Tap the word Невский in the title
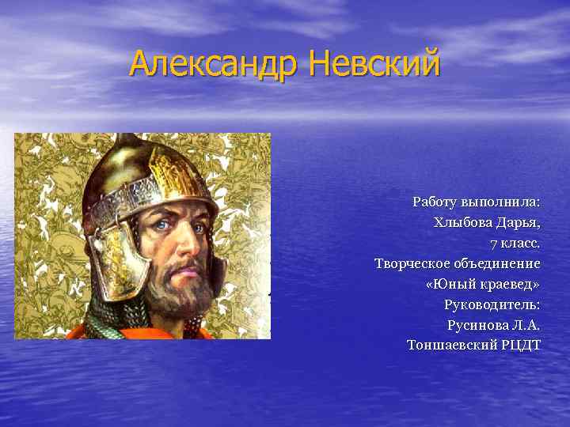[374, 63]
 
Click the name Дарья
[519, 222]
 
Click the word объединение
[498, 263]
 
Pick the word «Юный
[448, 284]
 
